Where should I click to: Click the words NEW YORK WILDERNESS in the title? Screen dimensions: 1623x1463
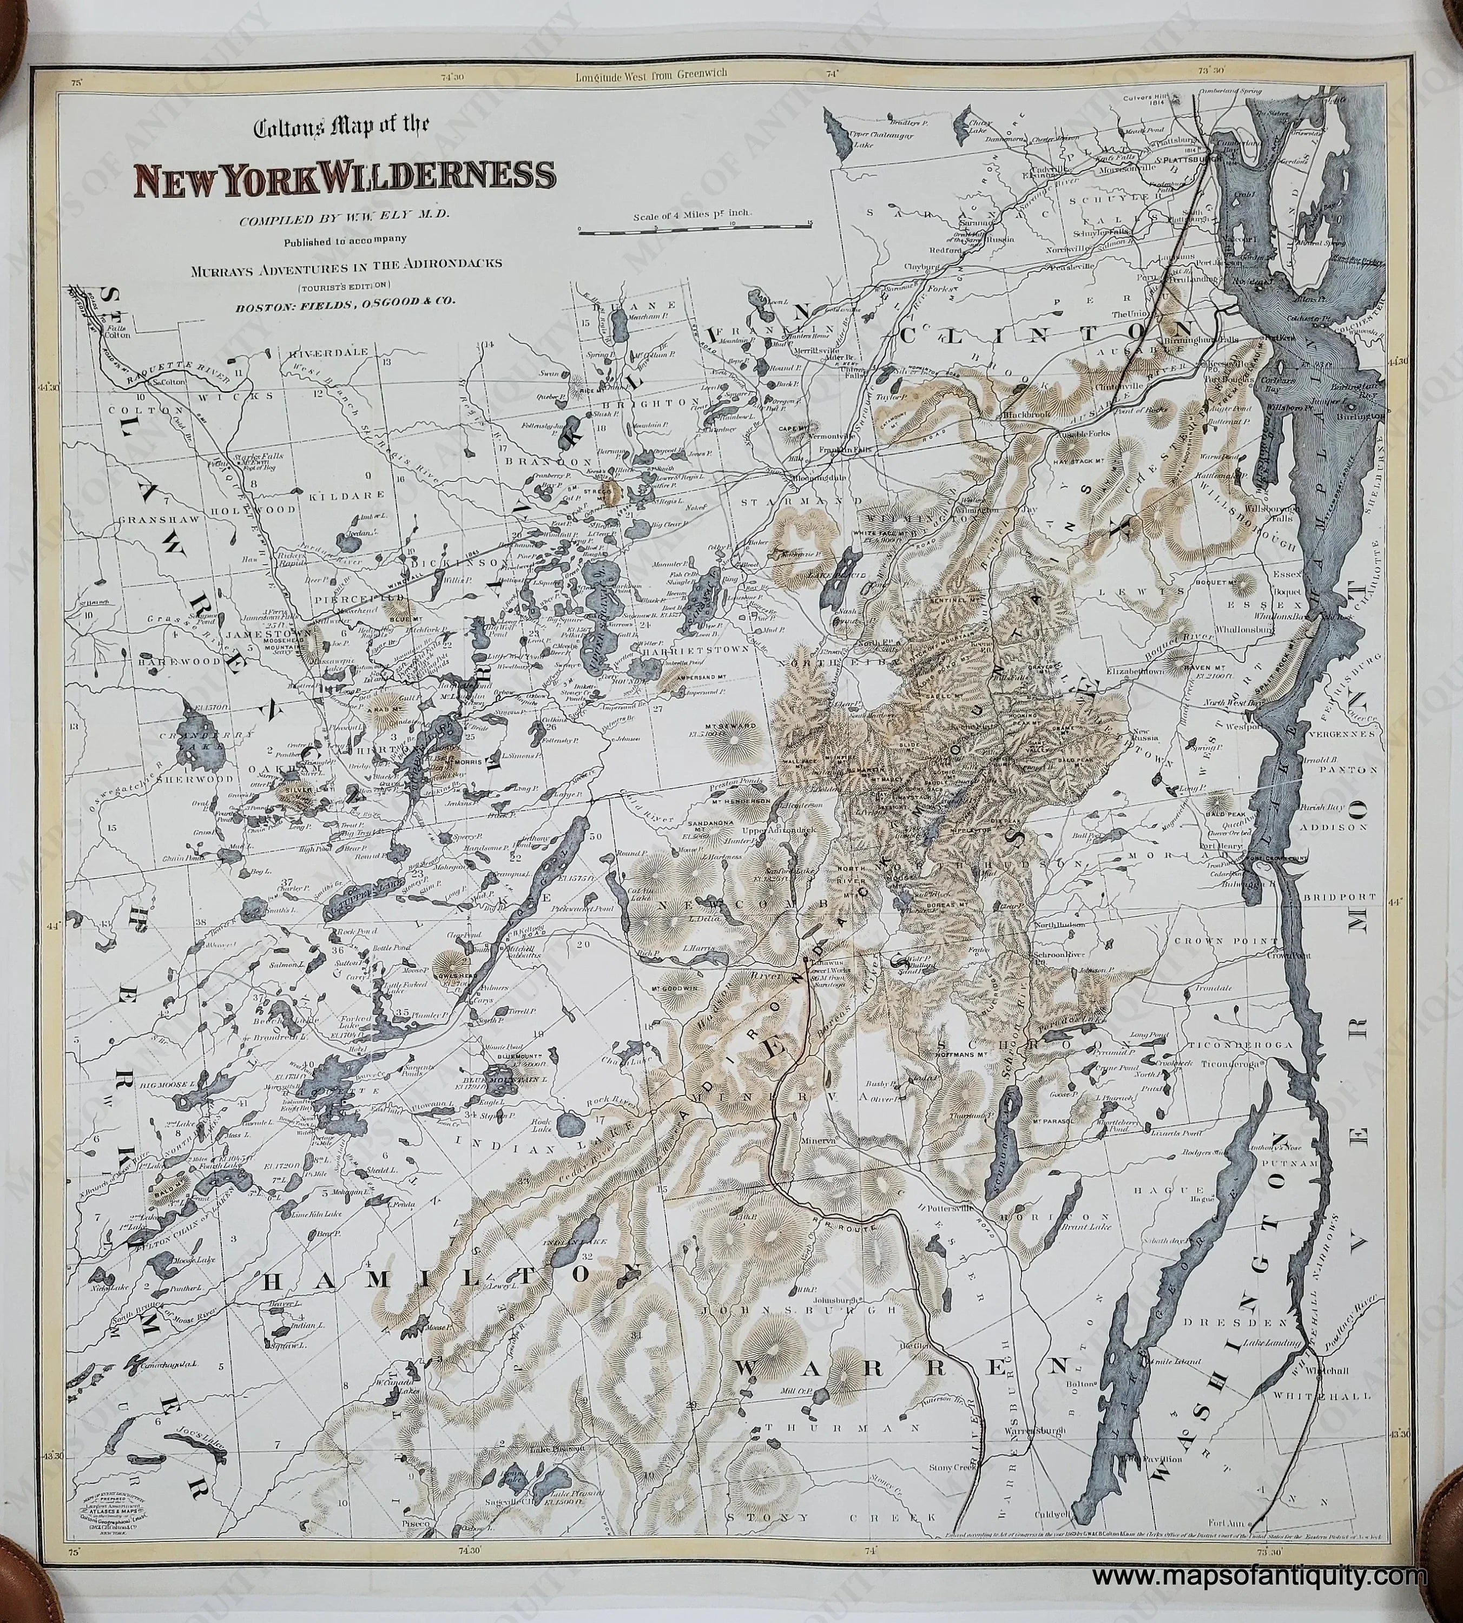click(344, 181)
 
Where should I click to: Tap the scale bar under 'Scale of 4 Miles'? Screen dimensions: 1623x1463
click(696, 232)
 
